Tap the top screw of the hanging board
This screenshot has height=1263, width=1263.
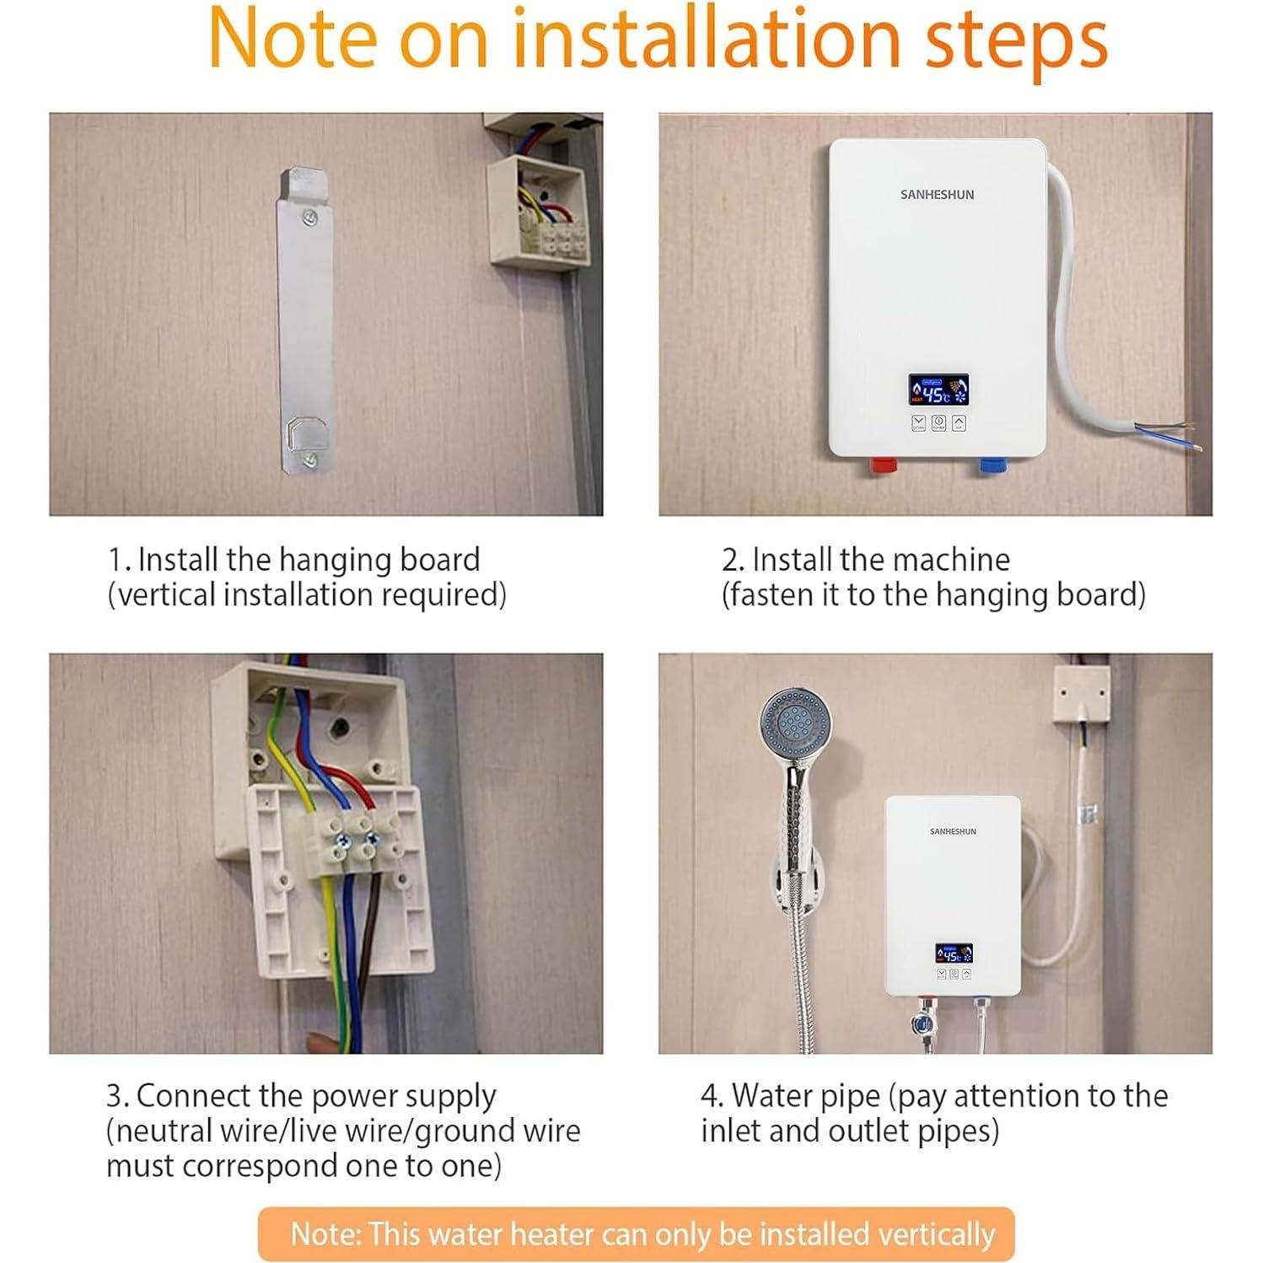tap(310, 218)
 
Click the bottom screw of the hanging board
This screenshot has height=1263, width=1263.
tap(310, 460)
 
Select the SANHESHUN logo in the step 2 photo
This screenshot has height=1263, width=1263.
tap(937, 195)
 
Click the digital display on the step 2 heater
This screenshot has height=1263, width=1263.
tap(938, 390)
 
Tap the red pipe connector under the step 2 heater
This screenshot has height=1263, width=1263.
tap(883, 465)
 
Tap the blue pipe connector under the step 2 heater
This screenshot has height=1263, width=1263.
tap(992, 465)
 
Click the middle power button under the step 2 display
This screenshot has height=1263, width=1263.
tap(938, 422)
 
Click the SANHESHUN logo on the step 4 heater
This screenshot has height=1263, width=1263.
tap(953, 831)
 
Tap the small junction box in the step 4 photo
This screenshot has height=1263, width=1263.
tap(1081, 693)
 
